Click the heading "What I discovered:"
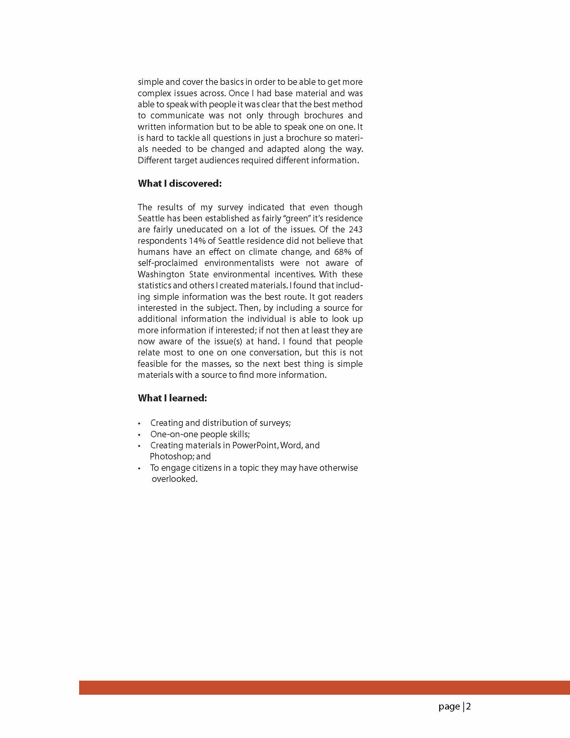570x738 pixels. tap(179, 183)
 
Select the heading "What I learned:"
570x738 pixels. tap(172, 398)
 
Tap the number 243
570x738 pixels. tap(355, 229)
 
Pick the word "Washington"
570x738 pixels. tap(161, 274)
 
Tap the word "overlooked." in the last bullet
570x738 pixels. tap(174, 479)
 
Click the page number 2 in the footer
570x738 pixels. tap(468, 706)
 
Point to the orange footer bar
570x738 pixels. tap(324, 688)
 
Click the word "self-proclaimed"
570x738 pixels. tap(168, 263)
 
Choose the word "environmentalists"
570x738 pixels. tap(239, 263)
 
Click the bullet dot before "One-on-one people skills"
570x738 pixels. tap(139, 435)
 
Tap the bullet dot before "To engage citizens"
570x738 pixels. tap(139, 469)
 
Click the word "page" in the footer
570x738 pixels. tap(449, 707)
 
